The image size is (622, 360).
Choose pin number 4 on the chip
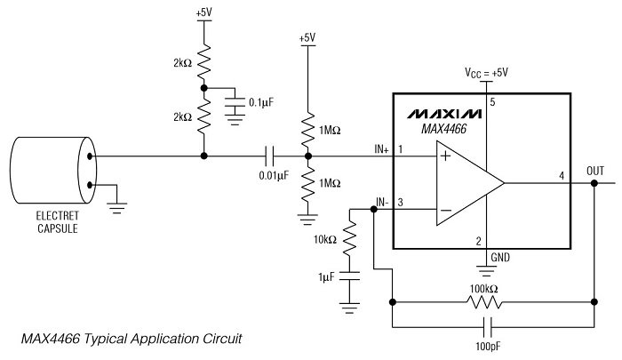tap(561, 175)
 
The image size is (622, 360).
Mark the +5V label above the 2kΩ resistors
tap(203, 14)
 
